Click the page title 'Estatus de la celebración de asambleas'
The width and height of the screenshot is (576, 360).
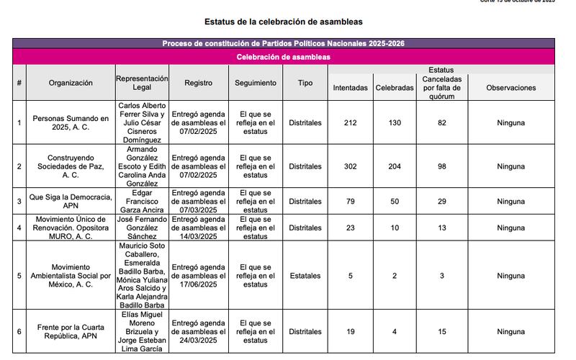(x=283, y=22)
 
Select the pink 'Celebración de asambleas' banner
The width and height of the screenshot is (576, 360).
(x=283, y=56)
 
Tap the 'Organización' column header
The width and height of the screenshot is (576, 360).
(x=71, y=83)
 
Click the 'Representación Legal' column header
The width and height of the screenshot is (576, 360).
(x=142, y=83)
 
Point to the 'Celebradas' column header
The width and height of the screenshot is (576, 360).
(x=395, y=88)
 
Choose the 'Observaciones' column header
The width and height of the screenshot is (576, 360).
(x=510, y=88)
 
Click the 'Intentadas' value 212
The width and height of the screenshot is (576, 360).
(x=350, y=123)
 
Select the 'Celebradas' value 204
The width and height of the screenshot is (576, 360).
(x=395, y=166)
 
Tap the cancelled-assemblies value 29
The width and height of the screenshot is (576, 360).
(x=441, y=202)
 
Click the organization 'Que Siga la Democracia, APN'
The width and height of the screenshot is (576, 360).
(x=71, y=202)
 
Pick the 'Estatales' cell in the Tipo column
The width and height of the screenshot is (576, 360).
(x=305, y=275)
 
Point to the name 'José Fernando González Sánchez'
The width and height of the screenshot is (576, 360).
(x=142, y=228)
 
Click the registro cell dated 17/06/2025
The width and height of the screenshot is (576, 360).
(x=198, y=275)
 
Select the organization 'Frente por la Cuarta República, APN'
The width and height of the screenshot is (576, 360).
(x=71, y=331)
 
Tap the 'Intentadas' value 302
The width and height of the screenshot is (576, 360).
(x=350, y=166)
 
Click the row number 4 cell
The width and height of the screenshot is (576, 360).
(x=19, y=228)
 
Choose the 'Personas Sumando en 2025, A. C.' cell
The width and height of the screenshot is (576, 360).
(x=71, y=123)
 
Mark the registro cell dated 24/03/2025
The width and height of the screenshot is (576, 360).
(x=198, y=331)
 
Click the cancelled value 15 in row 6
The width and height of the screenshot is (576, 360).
(x=441, y=331)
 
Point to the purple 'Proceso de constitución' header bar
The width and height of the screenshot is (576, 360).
(x=283, y=44)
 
